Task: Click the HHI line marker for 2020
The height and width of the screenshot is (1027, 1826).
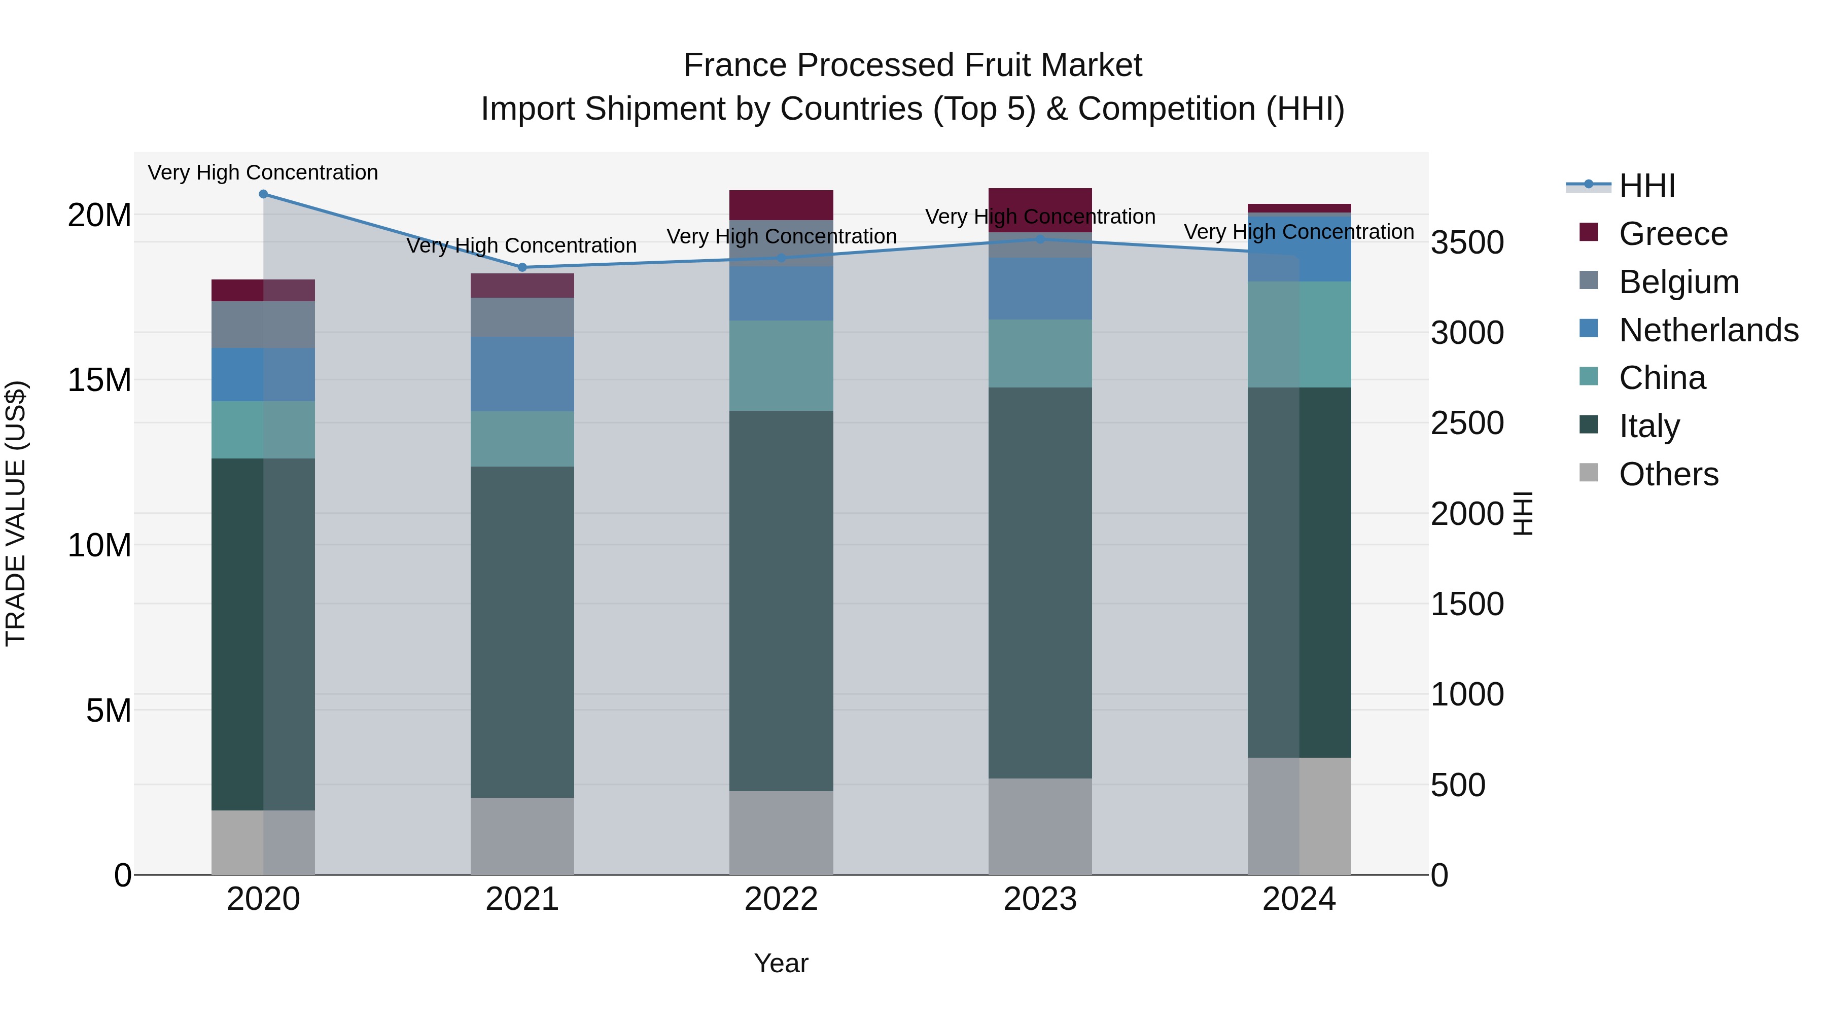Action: click(263, 194)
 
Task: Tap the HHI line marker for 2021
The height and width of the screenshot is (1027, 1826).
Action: click(522, 267)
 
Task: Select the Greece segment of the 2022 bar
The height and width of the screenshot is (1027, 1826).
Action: click(781, 205)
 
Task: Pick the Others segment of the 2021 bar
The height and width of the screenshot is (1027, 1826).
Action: click(522, 836)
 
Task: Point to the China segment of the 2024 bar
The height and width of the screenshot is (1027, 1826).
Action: click(1300, 335)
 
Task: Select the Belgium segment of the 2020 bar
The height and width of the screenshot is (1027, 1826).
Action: click(263, 325)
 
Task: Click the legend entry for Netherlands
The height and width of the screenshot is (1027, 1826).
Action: click(1708, 330)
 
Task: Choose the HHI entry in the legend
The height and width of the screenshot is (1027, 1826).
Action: click(1646, 186)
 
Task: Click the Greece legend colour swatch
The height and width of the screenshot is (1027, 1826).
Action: click(1589, 232)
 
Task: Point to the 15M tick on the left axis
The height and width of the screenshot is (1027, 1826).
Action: click(99, 380)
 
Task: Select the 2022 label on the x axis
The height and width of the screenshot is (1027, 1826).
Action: click(781, 899)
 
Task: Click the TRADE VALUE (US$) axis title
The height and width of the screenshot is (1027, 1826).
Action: click(16, 513)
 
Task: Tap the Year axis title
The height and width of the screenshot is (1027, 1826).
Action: click(781, 963)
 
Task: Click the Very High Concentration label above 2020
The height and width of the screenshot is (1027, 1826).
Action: click(263, 172)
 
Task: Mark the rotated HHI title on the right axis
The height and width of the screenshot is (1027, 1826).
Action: click(1523, 513)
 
